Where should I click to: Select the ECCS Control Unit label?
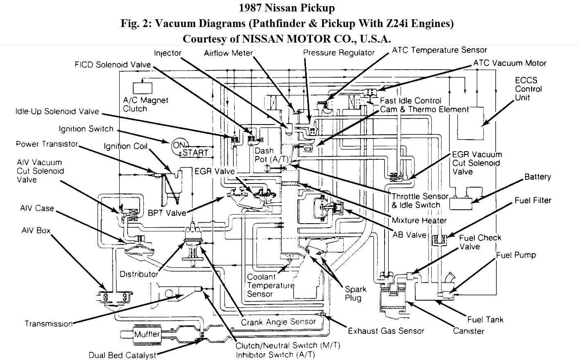(528, 89)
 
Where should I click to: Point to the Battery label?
(537, 177)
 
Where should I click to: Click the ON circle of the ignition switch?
(179, 145)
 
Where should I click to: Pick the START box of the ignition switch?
(195, 152)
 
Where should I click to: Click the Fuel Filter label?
(533, 200)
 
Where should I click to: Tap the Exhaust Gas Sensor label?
(386, 331)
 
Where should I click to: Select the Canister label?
(468, 331)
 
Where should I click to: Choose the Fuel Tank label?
(485, 319)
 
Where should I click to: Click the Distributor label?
(139, 274)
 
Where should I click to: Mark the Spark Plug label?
(355, 293)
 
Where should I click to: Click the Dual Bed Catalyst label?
(122, 355)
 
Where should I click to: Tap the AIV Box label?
(36, 231)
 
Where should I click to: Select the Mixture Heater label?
(419, 220)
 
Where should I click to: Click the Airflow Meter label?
(228, 53)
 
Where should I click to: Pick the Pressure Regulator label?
(339, 52)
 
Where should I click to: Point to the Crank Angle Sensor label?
(278, 322)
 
